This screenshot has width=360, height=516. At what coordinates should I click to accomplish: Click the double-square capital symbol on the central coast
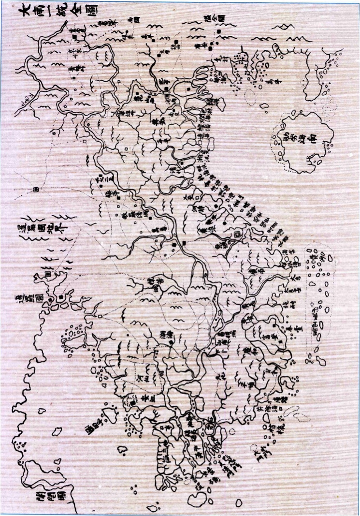point(237,234)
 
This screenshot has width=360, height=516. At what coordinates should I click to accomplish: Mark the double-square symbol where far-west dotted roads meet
point(36,190)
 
